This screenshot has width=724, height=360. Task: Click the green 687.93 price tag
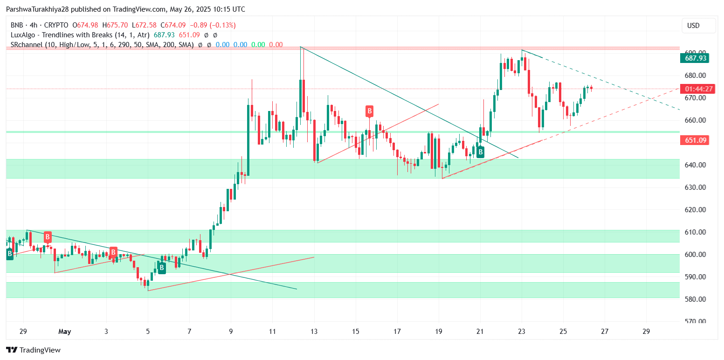click(694, 58)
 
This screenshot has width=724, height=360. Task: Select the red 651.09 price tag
click(694, 140)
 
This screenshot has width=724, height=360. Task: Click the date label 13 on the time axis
click(314, 332)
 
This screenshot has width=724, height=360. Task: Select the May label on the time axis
click(64, 332)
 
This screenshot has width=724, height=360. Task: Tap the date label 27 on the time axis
click(605, 332)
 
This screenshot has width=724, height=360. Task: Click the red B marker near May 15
click(369, 111)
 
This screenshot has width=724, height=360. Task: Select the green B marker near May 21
click(480, 152)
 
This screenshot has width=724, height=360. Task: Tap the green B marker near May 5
click(161, 268)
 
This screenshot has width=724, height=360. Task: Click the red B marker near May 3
click(113, 252)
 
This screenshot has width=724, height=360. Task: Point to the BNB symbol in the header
click(16, 25)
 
